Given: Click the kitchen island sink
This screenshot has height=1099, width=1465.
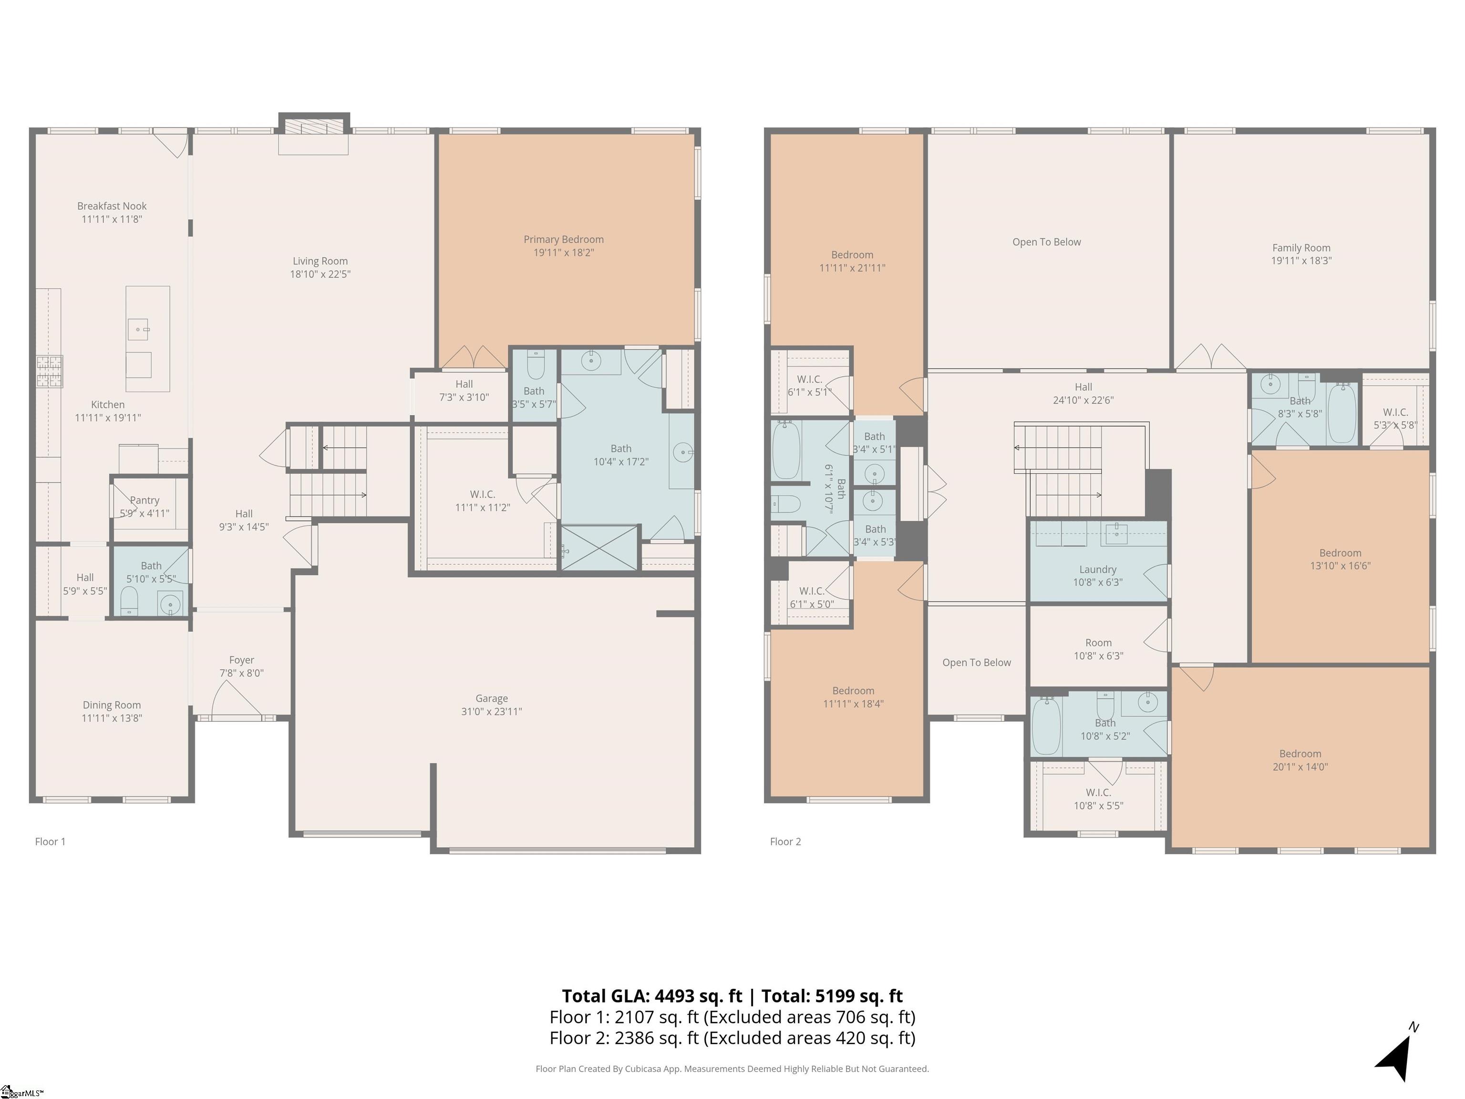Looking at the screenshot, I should click(138, 329).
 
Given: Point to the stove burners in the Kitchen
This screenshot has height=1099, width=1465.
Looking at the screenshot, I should click(49, 371).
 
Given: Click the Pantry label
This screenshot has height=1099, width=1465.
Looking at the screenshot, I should click(144, 500).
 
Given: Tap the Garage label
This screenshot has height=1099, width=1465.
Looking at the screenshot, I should click(491, 698).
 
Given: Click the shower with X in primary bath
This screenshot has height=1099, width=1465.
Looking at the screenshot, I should click(599, 547).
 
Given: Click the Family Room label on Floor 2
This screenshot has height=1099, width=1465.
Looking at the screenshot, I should click(1301, 248).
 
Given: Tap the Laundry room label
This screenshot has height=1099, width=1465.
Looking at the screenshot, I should click(1097, 569).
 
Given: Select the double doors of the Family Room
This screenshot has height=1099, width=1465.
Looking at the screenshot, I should click(1211, 358).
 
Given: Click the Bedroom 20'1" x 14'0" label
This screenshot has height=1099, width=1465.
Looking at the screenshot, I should click(1300, 754).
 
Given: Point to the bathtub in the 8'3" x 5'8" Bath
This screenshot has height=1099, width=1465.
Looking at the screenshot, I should click(1342, 413).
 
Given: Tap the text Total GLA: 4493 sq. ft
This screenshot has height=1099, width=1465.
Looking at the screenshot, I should click(652, 995).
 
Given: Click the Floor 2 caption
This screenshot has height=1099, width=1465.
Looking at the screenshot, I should click(785, 841).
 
